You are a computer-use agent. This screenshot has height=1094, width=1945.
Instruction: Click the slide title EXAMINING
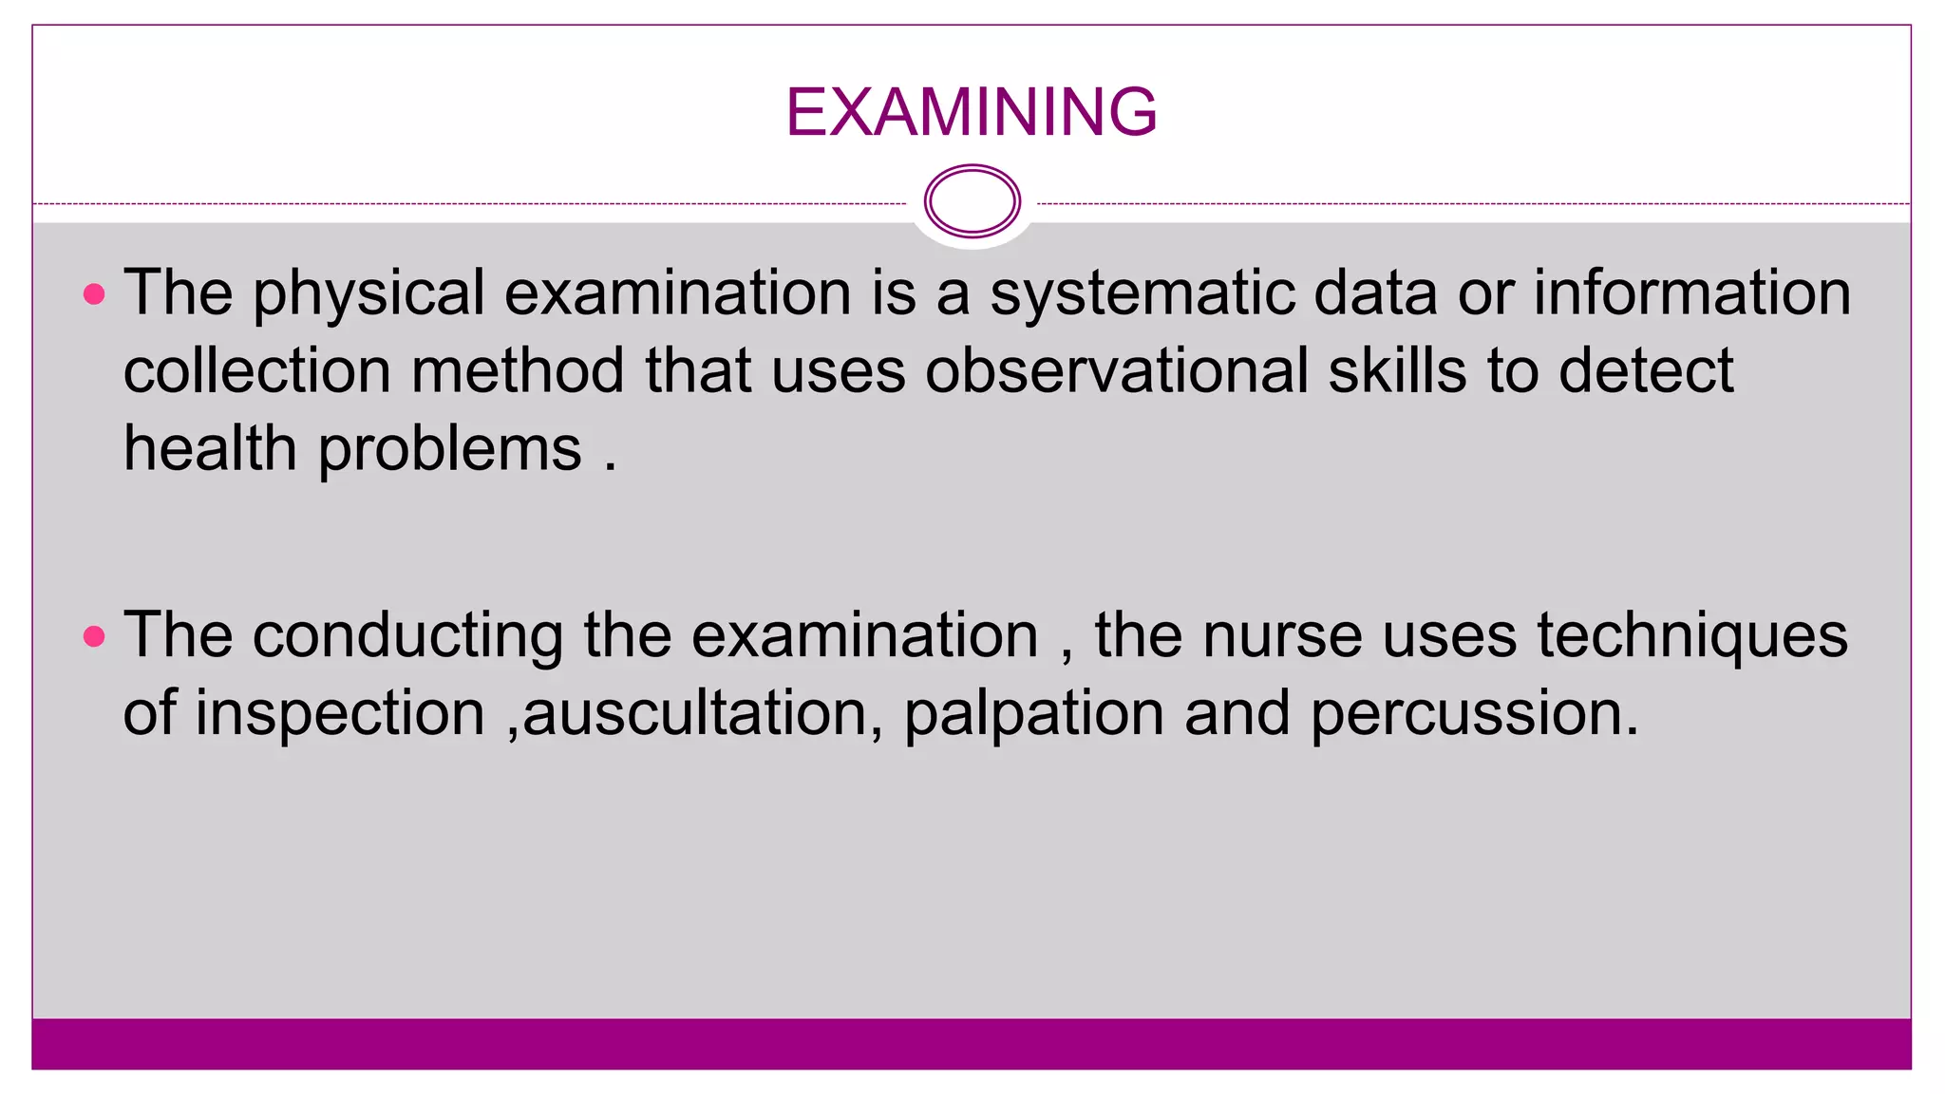click(x=971, y=112)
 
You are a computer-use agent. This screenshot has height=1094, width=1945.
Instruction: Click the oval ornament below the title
click(x=972, y=201)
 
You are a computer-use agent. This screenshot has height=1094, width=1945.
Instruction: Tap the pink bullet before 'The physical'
click(x=94, y=294)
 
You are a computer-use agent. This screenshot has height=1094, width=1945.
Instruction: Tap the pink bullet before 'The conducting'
click(x=94, y=636)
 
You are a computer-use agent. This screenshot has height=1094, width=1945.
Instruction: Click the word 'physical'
click(x=368, y=294)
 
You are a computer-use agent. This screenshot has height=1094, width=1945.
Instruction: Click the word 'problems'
click(x=449, y=451)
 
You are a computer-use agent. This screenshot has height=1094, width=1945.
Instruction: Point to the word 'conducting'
click(x=407, y=636)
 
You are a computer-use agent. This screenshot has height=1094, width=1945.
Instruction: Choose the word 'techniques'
click(x=1692, y=636)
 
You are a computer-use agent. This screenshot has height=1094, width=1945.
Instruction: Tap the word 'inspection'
click(x=340, y=714)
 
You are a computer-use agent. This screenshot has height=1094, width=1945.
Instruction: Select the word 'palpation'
click(x=1033, y=714)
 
